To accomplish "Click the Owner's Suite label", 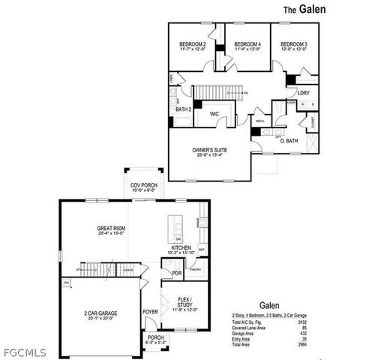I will coord(210,150).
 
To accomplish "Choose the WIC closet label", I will coord(214,114).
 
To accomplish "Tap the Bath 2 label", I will coord(183,109).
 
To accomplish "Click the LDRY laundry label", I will coord(304,92).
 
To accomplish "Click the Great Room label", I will coord(110,227).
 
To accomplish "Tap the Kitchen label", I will coord(181,247).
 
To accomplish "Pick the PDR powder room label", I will coord(177,274).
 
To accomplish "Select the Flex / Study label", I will coord(184,300).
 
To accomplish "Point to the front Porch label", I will coord(155,337).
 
